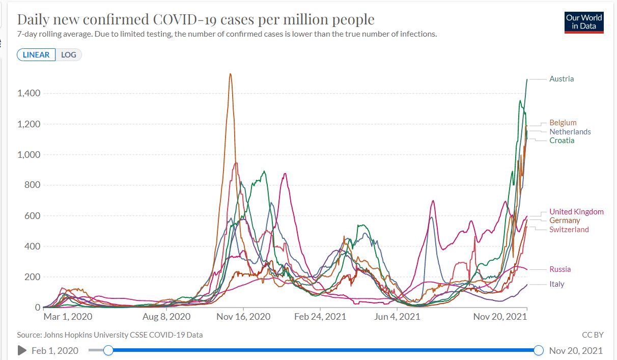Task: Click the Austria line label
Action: [x=561, y=79]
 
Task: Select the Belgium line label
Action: [x=563, y=123]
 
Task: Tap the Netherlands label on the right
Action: [x=570, y=132]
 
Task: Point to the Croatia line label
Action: [x=562, y=141]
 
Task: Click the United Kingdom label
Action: [x=576, y=212]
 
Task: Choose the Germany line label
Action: [x=565, y=220]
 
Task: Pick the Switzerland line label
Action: [x=569, y=230]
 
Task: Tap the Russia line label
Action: [x=560, y=269]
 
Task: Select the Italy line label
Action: [x=556, y=284]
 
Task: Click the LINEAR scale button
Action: [x=36, y=54]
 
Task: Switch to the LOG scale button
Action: [x=68, y=54]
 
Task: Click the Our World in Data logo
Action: [x=584, y=22]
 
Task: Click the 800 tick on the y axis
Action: [x=33, y=185]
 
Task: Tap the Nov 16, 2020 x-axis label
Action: [x=243, y=317]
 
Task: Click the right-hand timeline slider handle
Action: [x=539, y=350]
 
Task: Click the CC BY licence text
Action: [x=593, y=335]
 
